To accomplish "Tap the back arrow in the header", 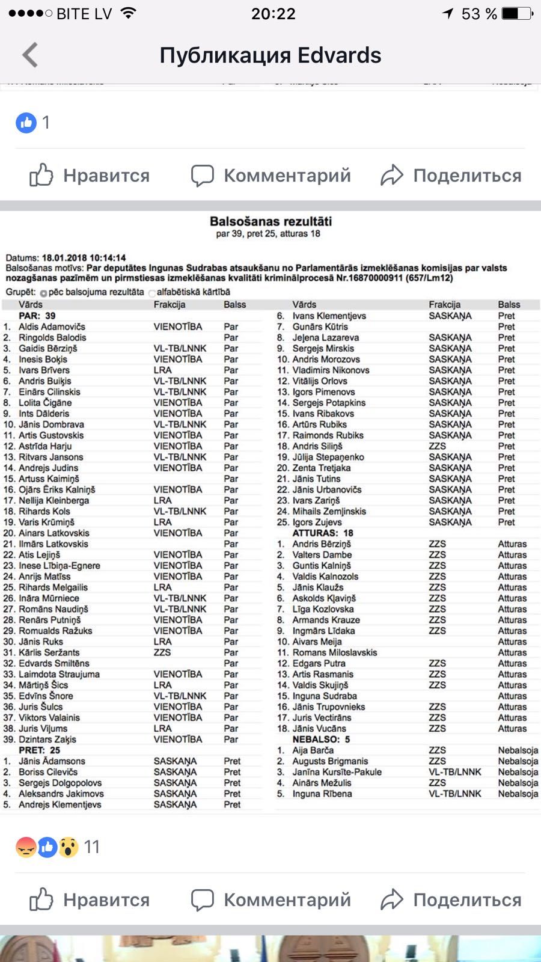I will [x=30, y=55].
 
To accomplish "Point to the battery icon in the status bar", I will [x=516, y=13].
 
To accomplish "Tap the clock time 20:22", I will [x=273, y=14].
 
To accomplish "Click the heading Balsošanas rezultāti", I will [x=270, y=221].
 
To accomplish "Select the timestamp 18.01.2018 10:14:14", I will [x=84, y=258].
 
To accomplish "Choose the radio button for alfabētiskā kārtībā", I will [x=152, y=293].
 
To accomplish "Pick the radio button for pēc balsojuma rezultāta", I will [x=43, y=293].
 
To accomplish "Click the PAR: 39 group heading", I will [x=37, y=316].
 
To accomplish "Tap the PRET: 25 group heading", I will [x=40, y=750].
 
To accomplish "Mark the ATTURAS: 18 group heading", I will [x=323, y=533].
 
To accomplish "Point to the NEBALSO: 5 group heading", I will [x=321, y=740].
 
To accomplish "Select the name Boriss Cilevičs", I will [x=48, y=772].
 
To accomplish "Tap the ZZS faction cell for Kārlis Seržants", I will [x=162, y=652].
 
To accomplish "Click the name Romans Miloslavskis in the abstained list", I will [x=335, y=652].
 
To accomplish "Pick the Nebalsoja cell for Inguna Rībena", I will [x=518, y=794].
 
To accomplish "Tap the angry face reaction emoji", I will [x=26, y=847].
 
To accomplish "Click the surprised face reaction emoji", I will [x=69, y=847].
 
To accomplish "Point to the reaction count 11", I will [x=92, y=847].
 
